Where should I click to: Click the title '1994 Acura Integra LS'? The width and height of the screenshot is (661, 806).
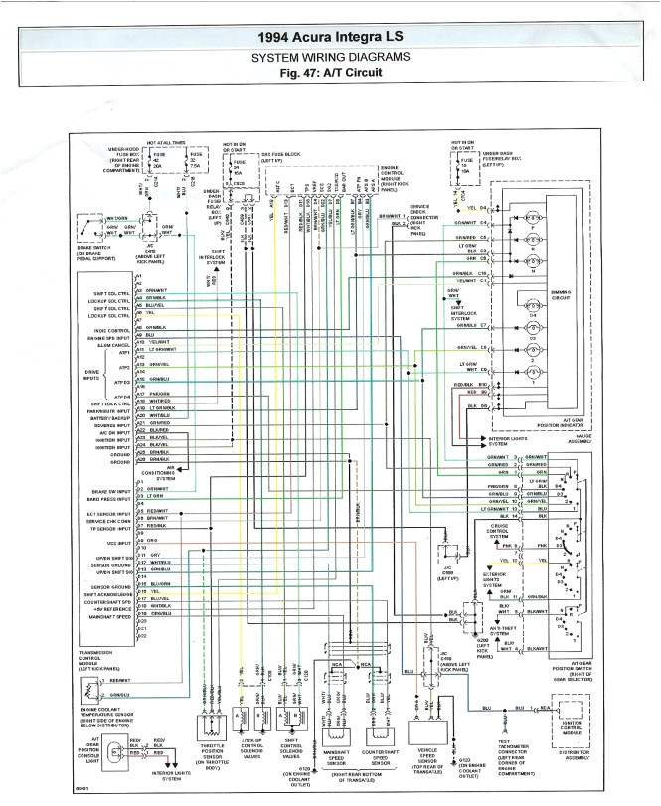pyautogui.click(x=329, y=37)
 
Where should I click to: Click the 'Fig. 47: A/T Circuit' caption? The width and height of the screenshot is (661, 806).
pyautogui.click(x=329, y=74)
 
